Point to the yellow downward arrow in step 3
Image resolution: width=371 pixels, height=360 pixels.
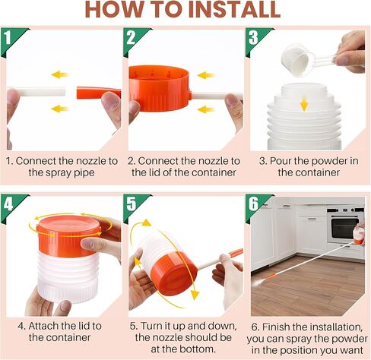pyautogui.click(x=303, y=102)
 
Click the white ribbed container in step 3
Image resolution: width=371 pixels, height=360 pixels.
pyautogui.click(x=304, y=125)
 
